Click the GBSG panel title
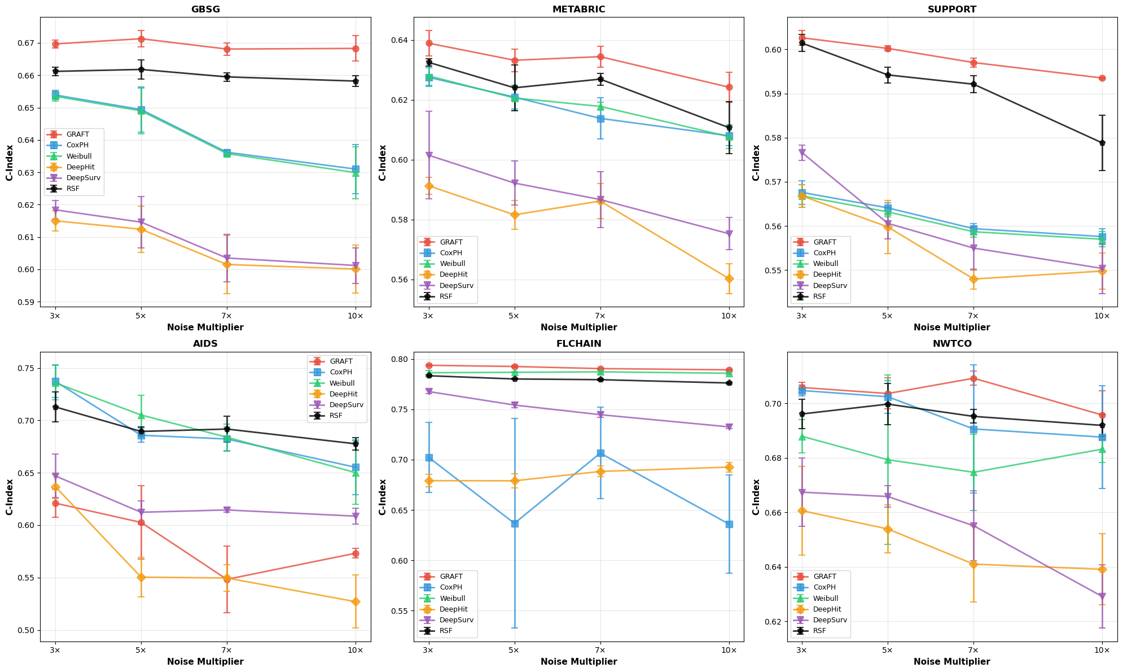click(205, 9)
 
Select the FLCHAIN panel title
click(578, 343)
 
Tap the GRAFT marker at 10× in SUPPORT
click(1102, 78)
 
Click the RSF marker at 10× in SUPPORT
click(1102, 143)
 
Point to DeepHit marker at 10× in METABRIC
click(729, 278)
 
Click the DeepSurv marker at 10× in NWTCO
click(1102, 596)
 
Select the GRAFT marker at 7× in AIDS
click(227, 579)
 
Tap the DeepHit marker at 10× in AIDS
click(355, 602)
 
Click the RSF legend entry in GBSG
click(73, 189)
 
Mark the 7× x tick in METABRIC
click(600, 316)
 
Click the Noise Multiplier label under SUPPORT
click(951, 328)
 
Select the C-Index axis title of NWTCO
click(756, 497)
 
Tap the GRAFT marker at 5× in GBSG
click(141, 39)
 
